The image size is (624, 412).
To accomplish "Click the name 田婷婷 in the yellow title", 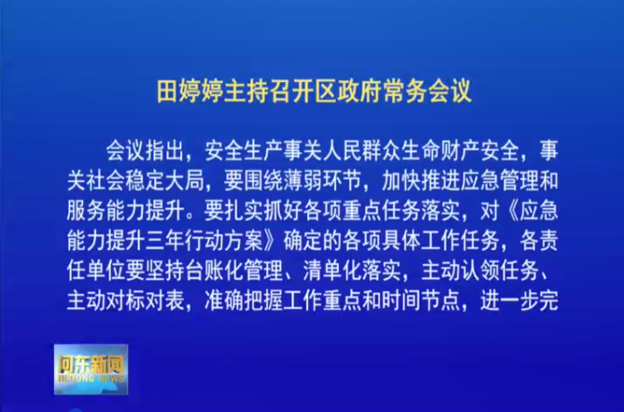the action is [x=190, y=92].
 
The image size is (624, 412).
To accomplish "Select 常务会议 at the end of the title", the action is [x=427, y=92].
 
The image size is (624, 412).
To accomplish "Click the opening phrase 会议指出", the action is [x=145, y=150].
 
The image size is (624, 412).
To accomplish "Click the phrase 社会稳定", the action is [x=125, y=180].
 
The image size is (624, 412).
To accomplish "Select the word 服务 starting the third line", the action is [x=86, y=210].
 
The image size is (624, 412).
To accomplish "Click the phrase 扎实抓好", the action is [x=262, y=210].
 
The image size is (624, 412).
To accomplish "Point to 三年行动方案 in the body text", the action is [x=204, y=240].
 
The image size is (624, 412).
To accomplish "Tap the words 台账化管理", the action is [x=234, y=270].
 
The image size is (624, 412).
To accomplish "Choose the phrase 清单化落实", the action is [x=351, y=270].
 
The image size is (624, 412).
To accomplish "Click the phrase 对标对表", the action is [x=145, y=301].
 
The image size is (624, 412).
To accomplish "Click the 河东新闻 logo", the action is [x=92, y=369].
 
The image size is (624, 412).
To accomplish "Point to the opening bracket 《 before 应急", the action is [x=511, y=210].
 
